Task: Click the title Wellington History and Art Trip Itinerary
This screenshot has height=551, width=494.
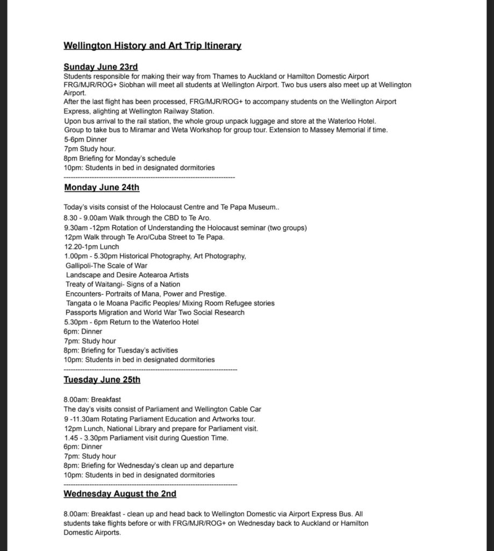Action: tap(152, 46)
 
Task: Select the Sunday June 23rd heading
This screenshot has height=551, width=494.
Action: tap(101, 67)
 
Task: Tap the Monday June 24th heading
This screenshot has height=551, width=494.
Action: tap(102, 187)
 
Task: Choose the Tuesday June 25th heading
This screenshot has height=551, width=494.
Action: tap(102, 380)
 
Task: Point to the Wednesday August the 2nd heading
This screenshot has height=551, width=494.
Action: tap(120, 493)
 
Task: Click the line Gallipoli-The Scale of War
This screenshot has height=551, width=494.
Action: tap(106, 265)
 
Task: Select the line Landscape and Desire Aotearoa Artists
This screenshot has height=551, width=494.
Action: tap(127, 275)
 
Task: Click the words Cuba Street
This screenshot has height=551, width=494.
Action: tap(162, 237)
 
